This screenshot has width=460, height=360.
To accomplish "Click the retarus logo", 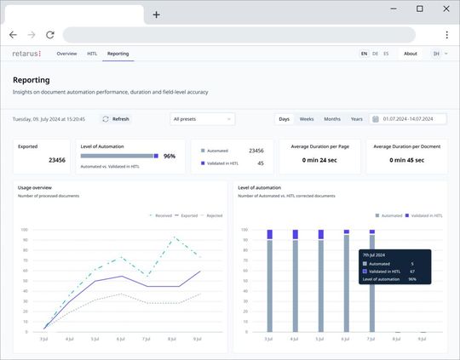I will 26,54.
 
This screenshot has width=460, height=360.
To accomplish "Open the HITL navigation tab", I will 92,54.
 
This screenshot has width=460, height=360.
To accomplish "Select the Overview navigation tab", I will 66,54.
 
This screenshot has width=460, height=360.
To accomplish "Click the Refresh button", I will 116,119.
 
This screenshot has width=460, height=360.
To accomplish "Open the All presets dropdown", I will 202,119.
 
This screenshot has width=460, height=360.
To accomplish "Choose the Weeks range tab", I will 306,119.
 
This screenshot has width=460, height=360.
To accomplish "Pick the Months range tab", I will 331,119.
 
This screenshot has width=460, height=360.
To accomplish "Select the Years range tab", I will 356,119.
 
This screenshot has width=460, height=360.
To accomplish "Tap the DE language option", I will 375,54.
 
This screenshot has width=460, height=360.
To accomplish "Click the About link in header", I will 411,54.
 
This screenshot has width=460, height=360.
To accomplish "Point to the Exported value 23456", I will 56,160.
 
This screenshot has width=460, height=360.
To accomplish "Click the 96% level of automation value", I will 170,157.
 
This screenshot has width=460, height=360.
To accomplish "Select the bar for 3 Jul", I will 269,284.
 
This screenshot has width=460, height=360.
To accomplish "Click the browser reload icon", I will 50,35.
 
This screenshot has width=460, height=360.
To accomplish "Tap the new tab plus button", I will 156,14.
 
